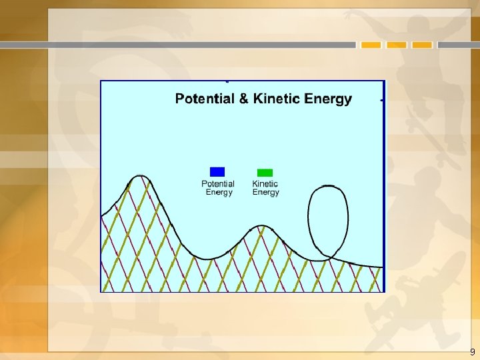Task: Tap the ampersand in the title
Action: [x=243, y=99]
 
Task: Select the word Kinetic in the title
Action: [x=275, y=99]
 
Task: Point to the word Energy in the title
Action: [x=327, y=99]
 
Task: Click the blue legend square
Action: [x=217, y=171]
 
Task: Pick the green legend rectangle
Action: [x=265, y=172]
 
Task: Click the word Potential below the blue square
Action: [x=218, y=184]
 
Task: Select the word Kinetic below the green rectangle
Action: [x=265, y=184]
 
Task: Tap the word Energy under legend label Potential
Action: [x=219, y=193]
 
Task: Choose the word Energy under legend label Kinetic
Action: [x=265, y=193]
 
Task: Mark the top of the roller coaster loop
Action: [x=328, y=186]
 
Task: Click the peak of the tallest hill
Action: [x=139, y=176]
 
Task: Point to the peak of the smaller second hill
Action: [x=263, y=226]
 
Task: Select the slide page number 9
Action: [x=473, y=352]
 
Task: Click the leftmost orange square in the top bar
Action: [x=371, y=45]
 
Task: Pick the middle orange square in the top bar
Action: [x=397, y=45]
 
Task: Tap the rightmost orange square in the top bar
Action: [x=422, y=45]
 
